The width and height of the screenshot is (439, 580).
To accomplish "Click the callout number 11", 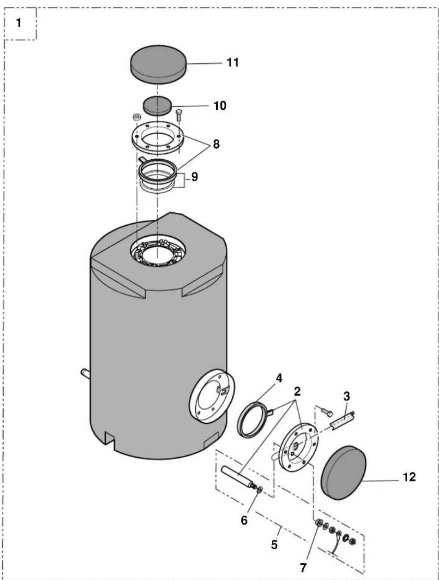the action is (233, 63).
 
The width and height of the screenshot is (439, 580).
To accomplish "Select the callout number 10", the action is (220, 106).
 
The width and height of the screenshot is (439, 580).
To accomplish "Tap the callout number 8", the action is (216, 144).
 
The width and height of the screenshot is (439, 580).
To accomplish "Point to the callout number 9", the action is (194, 177).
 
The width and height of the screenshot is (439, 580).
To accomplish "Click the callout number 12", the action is (409, 477).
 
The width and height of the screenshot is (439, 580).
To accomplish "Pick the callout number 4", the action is (279, 379).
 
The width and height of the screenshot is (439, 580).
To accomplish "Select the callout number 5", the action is (274, 544).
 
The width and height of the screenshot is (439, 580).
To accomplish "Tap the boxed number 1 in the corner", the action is (18, 23).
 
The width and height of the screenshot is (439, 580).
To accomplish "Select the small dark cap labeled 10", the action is (157, 106).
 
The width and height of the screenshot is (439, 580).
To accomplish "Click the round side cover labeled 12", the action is (343, 472).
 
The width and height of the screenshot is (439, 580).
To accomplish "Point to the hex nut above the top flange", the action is (136, 117).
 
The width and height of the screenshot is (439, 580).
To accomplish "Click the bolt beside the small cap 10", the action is (179, 116).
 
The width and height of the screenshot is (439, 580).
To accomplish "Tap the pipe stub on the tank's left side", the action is (85, 373).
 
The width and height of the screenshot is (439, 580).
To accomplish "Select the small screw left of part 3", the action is (327, 411).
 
